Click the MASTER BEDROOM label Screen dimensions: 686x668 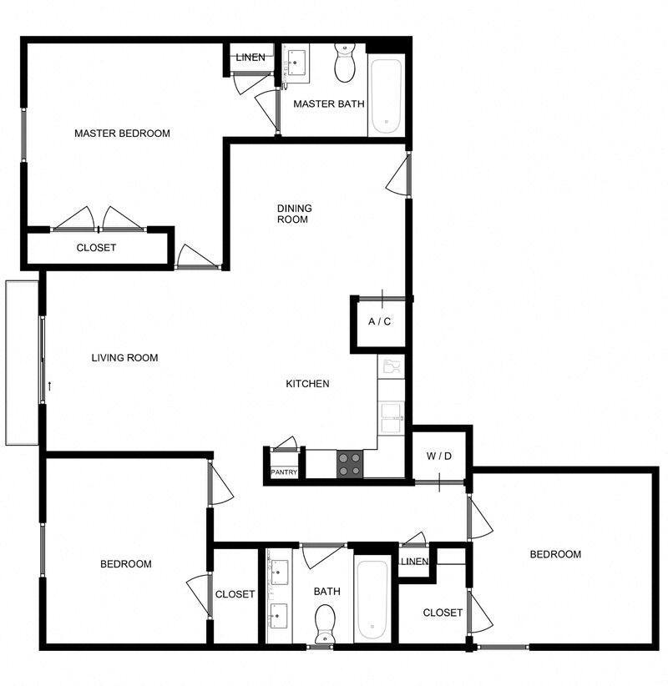click(122, 134)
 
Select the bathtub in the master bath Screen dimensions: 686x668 click(387, 96)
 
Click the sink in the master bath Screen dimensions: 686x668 click(297, 63)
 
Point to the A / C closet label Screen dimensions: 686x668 click(380, 322)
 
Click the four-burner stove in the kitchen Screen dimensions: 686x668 click(350, 464)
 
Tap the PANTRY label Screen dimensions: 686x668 click(284, 472)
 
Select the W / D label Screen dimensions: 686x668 click(438, 456)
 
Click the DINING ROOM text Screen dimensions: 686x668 click(294, 214)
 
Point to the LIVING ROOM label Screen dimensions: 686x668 click(124, 358)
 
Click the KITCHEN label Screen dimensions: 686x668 click(307, 384)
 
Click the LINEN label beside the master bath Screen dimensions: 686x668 click(250, 58)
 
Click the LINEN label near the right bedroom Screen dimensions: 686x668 click(414, 562)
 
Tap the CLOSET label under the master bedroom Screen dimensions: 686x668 click(96, 248)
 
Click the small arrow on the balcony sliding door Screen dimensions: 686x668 click(52, 386)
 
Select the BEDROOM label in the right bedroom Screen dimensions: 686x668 click(555, 554)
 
